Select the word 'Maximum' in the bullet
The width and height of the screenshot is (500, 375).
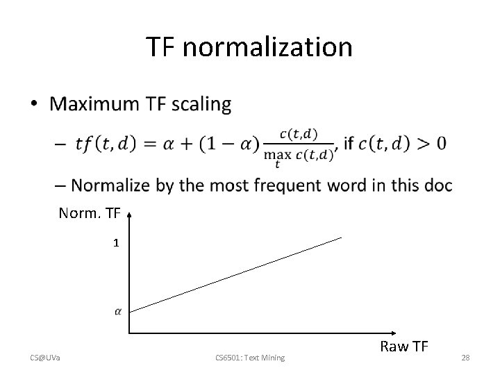(93, 104)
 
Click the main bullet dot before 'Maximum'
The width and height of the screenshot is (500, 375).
(35, 105)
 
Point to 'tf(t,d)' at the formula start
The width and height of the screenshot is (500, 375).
(106, 144)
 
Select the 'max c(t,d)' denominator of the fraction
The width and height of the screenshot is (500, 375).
(299, 156)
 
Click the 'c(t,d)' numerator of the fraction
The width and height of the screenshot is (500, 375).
(299, 133)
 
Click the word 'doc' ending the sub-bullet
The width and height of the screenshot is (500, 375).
(436, 185)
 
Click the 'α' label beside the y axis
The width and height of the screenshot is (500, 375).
(117, 312)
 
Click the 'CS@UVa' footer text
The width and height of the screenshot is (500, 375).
(46, 358)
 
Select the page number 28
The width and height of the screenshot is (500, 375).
(465, 358)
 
